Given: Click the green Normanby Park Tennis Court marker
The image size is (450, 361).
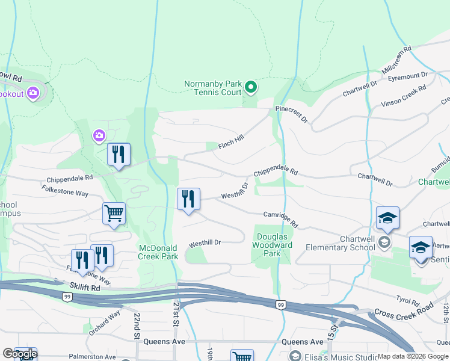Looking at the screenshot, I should coord(251,88).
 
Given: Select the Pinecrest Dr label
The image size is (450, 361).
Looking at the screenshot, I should coord(291,114).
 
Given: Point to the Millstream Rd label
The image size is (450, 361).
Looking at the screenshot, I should coord(396,60).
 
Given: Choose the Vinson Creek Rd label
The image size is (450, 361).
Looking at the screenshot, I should coord(403,96).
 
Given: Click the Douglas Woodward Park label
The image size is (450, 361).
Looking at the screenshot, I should coord(274,245).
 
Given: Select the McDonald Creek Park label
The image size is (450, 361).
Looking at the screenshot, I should coord(158,252).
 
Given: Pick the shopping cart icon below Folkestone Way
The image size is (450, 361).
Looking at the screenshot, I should coord(114,214).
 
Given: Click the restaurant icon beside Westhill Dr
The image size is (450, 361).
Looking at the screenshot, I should coord(188,199).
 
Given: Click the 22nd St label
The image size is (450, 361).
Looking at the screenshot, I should coord(138,326).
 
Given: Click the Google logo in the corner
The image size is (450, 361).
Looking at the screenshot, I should coord(19,354).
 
